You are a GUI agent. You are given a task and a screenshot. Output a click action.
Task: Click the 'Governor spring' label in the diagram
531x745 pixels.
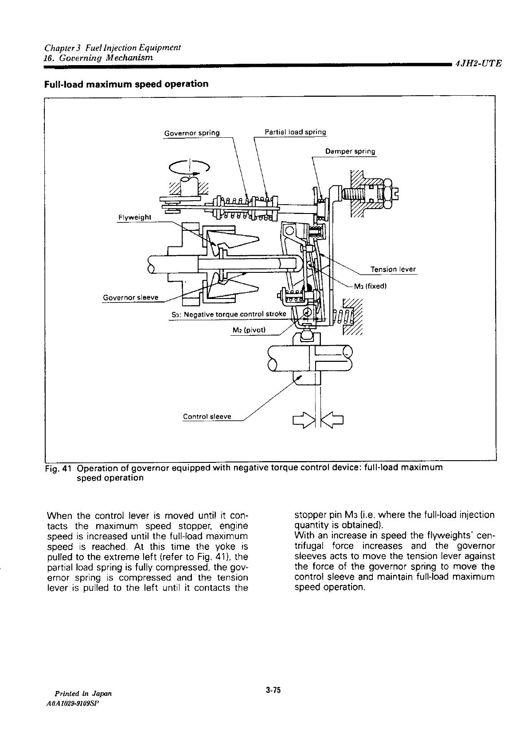coord(191,133)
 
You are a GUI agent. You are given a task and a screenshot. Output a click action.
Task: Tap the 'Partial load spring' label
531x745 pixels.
coord(295,132)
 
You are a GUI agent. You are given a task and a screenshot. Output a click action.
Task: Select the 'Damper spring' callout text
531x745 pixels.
coord(350,151)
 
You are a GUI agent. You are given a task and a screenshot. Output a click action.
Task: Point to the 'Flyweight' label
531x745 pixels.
coord(134,217)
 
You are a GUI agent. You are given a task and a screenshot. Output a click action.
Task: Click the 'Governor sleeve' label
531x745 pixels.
coord(130,297)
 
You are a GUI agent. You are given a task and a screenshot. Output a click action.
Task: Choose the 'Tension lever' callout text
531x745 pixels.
coord(393,269)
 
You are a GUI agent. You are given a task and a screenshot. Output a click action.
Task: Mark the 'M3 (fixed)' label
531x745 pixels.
coord(371,286)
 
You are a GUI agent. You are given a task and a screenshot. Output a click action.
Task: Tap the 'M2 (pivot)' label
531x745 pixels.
coord(249,330)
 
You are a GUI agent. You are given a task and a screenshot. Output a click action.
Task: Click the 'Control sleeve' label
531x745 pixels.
coord(207,416)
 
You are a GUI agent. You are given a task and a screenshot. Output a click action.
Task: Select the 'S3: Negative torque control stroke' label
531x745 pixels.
coord(229,314)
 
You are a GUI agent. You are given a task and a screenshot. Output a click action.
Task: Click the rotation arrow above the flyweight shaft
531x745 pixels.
coord(189,167)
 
